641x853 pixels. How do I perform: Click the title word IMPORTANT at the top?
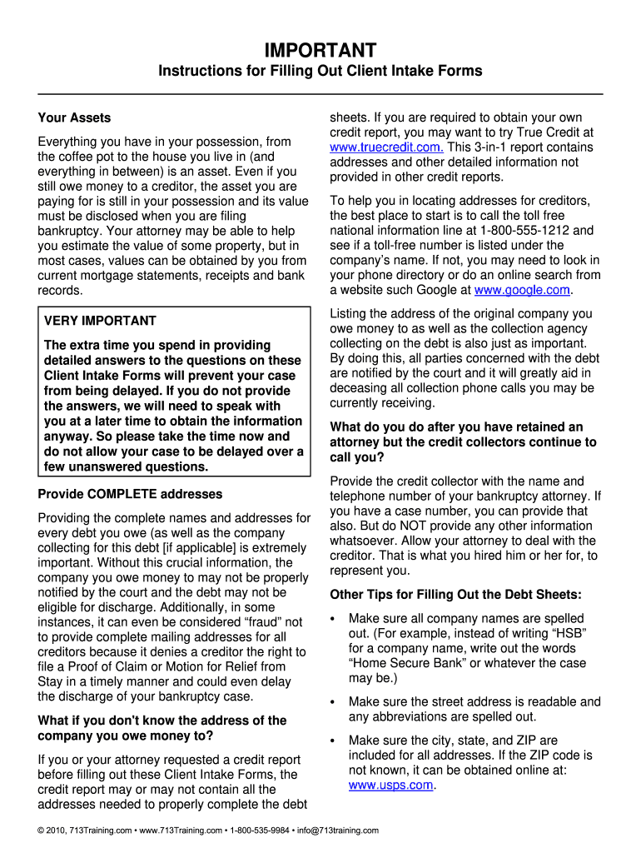[x=320, y=50]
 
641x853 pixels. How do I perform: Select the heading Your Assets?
[x=74, y=118]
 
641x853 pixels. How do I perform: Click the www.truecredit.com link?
[x=386, y=147]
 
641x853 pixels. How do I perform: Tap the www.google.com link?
[x=522, y=290]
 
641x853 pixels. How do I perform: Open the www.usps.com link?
[x=390, y=785]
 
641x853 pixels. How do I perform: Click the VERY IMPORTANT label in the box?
[x=100, y=321]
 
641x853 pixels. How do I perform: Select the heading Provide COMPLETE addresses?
[x=130, y=494]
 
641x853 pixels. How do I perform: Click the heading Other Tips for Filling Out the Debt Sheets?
[x=455, y=595]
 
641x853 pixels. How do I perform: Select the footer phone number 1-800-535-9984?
[x=260, y=831]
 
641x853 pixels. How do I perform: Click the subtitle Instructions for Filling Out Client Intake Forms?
[x=320, y=71]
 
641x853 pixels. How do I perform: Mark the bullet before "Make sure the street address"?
[x=333, y=702]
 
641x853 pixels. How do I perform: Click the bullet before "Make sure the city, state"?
[x=333, y=741]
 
